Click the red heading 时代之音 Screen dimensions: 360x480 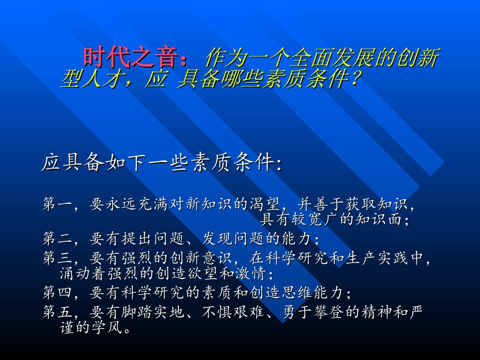(x=133, y=59)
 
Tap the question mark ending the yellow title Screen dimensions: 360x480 (x=355, y=79)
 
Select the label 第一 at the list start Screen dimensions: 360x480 (x=56, y=204)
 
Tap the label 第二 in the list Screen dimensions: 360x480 (x=56, y=238)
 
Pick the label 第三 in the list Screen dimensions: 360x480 (x=56, y=259)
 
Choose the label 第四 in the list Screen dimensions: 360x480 (x=56, y=292)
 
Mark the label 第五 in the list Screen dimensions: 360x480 (x=56, y=313)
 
